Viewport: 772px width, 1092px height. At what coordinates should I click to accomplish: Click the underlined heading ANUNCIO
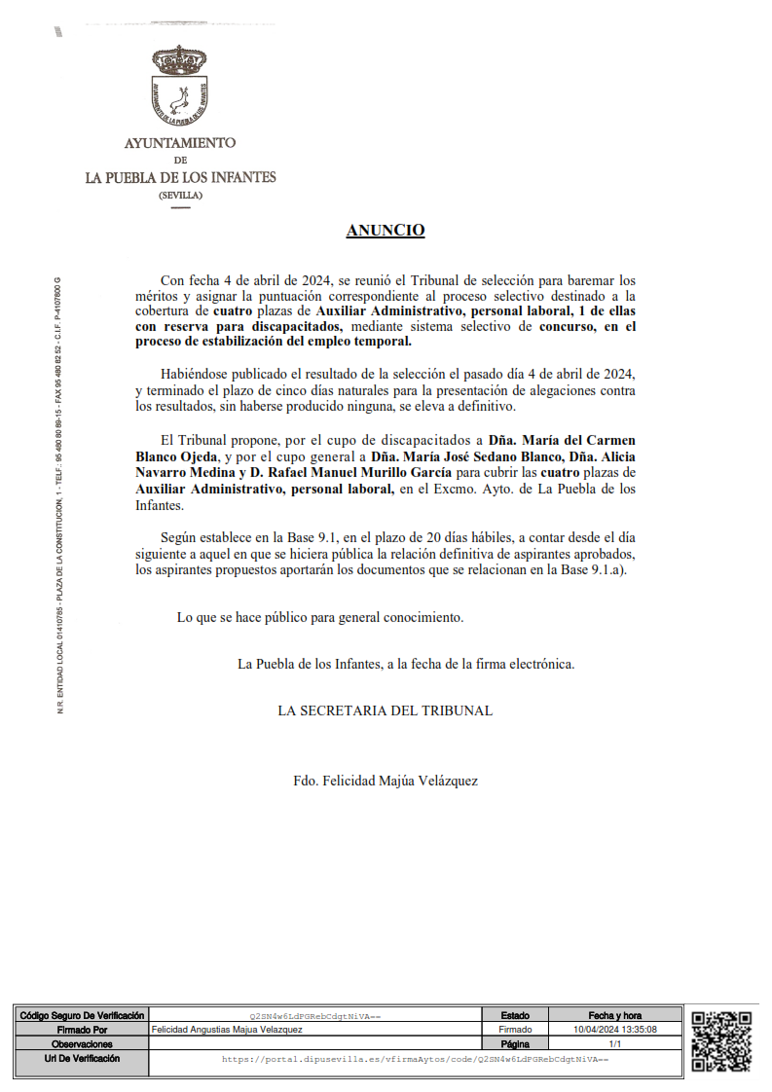[386, 231]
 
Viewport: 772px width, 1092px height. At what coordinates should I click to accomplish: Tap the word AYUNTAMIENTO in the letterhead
[180, 143]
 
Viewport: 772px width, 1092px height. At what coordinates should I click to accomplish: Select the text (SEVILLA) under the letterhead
[180, 195]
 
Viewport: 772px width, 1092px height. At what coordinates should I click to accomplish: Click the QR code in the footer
[721, 1041]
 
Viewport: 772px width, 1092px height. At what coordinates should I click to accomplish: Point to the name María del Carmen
[580, 440]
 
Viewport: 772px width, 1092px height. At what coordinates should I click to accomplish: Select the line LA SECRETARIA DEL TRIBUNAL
[385, 710]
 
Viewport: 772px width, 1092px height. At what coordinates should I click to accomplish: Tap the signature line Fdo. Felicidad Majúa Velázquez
[385, 781]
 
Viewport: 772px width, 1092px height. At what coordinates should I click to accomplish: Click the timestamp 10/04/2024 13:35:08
[615, 1029]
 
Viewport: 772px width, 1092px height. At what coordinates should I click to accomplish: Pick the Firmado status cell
[515, 1029]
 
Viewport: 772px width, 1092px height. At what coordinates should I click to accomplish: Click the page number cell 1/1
[615, 1043]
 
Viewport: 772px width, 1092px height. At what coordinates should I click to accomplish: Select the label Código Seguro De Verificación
[82, 1015]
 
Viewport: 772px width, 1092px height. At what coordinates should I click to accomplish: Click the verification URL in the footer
[415, 1058]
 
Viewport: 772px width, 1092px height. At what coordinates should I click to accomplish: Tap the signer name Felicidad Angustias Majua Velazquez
[227, 1029]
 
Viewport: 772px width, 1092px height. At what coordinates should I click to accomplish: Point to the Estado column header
[515, 1015]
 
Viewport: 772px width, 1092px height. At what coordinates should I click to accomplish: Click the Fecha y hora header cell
[615, 1015]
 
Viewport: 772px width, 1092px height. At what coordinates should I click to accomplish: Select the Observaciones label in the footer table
[82, 1043]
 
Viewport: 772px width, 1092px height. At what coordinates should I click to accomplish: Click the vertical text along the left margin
[59, 496]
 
